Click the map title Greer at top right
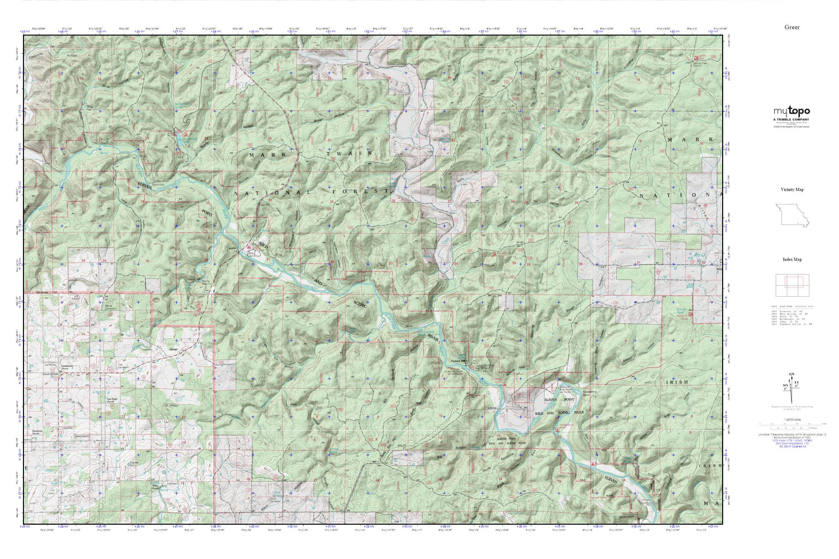point(791,27)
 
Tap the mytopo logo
point(791,111)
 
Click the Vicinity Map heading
point(792,190)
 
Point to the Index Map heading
point(792,259)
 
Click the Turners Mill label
point(459,361)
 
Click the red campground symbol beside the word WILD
point(249,246)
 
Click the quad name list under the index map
point(791,315)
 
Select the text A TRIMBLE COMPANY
point(791,120)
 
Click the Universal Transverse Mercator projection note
point(791,434)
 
